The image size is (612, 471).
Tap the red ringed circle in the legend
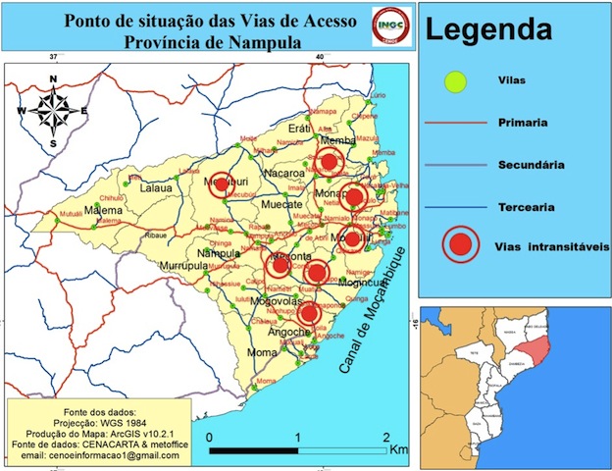(x=458, y=245)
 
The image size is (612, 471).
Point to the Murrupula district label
(x=164, y=266)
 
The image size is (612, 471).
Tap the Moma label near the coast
(x=262, y=351)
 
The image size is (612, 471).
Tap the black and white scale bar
(x=298, y=450)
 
